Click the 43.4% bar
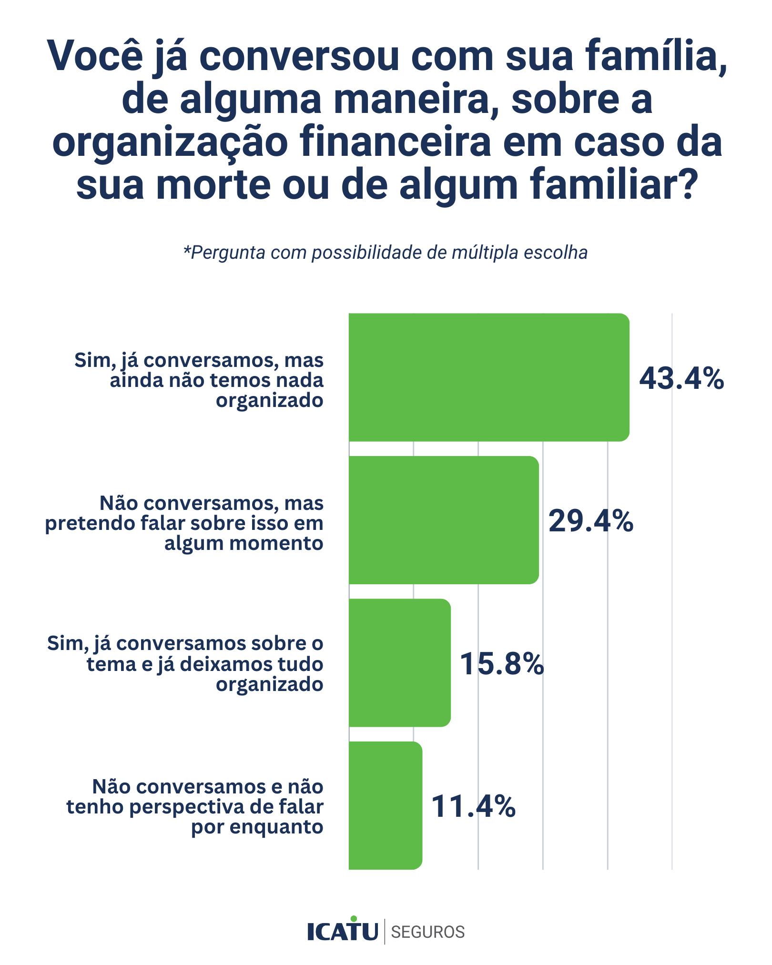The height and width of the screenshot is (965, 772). coord(488,377)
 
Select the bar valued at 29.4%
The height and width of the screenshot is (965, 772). coord(443,520)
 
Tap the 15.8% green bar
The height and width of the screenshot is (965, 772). coord(399,663)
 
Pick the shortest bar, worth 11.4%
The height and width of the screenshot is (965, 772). coord(385,805)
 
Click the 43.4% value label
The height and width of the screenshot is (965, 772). coord(681,379)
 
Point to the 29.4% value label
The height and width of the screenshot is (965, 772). coord(591,521)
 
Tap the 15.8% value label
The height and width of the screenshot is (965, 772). coord(501,664)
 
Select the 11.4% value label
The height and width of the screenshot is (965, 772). coord(473,806)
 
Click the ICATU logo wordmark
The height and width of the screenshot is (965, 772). coord(343,932)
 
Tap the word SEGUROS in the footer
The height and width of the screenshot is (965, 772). coord(427,932)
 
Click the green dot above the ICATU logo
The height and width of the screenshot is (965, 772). coord(353,918)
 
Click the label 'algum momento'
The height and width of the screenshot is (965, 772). coord(244,543)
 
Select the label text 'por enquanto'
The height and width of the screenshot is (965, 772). coord(257,827)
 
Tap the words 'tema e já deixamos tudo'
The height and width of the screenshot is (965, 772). coord(205,664)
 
